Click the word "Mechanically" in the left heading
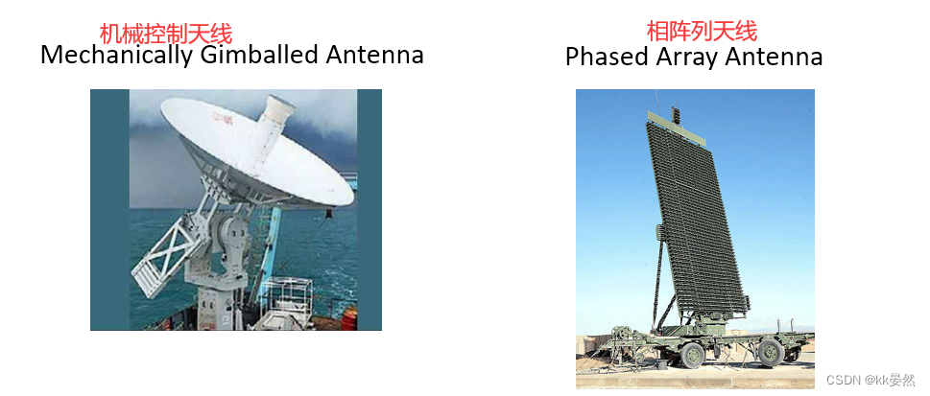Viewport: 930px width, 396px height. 117,55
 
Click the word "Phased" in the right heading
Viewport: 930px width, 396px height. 608,57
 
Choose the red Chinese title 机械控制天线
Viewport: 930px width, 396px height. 165,34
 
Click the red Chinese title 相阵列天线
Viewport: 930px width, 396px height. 702,32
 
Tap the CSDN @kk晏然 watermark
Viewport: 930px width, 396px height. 870,380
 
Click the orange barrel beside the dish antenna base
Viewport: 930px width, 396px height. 348,318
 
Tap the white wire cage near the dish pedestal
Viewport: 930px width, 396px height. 286,302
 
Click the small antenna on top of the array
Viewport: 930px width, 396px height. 675,115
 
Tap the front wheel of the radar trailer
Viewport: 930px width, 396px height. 692,355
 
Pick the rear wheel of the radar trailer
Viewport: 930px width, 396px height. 771,353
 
